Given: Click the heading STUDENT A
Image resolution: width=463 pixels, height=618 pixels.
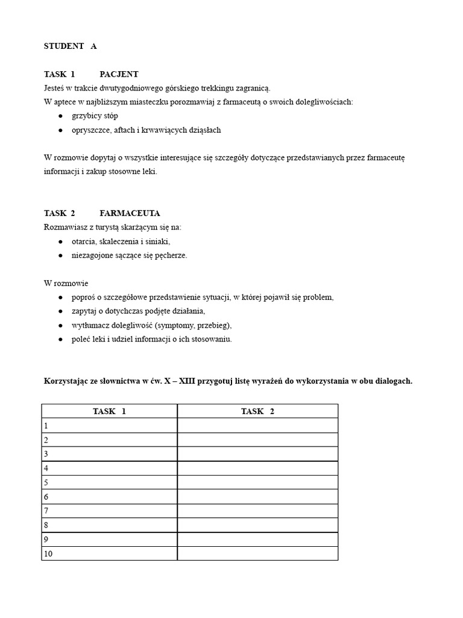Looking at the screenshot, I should [x=70, y=46].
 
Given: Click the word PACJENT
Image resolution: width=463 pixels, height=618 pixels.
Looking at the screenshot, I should [x=119, y=74].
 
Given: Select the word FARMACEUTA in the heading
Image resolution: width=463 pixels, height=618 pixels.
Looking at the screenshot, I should [x=130, y=214].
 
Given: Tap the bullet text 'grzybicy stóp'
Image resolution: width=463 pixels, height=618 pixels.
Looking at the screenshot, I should [x=95, y=116].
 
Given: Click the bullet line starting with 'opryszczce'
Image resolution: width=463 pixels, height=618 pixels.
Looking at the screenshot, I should [x=146, y=130].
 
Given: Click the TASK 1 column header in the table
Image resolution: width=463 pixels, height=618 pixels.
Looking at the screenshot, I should [x=109, y=411].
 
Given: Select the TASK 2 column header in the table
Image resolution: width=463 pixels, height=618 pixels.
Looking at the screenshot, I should [x=257, y=411].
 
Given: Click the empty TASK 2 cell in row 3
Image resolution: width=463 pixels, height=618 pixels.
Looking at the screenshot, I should [x=257, y=454].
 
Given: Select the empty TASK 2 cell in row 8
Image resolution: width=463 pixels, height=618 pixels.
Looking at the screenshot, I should [x=257, y=525].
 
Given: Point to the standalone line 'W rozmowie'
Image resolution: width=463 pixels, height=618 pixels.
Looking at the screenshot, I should [x=66, y=283].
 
